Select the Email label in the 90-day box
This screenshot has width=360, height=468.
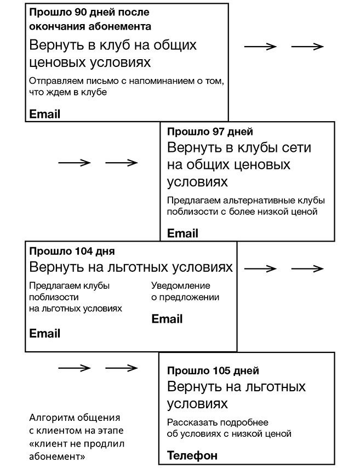(45, 114)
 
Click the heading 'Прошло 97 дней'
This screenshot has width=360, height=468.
(209, 132)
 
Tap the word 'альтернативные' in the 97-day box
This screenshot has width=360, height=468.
(248, 199)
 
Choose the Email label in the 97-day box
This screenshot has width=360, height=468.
(182, 233)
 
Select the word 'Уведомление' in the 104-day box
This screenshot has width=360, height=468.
(181, 286)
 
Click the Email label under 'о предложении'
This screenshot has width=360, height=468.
(167, 319)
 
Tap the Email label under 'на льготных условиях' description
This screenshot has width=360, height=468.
(45, 333)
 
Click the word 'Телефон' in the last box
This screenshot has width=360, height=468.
(192, 455)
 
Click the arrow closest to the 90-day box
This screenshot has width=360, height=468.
(260, 47)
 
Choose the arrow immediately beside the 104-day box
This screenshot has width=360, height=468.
(260, 269)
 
